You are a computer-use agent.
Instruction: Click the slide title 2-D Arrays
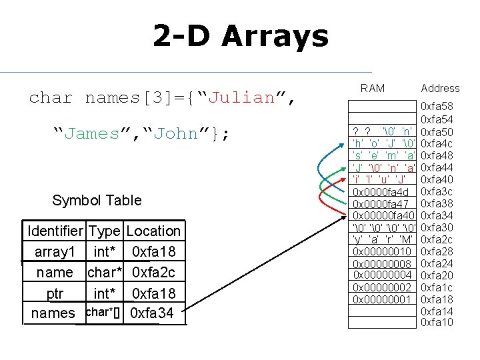coord(241,35)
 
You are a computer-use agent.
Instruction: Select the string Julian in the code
coord(242,97)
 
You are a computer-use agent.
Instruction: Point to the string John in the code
coord(175,133)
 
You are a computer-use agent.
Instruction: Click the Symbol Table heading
coord(97,200)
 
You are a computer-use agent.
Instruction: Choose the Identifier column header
coord(55,231)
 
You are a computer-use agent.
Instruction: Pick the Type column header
coord(105,231)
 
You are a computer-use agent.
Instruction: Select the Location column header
coord(153,231)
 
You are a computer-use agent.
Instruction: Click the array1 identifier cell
coord(55,251)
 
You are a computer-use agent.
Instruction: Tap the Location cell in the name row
coord(153,272)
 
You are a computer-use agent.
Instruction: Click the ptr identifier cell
coord(55,293)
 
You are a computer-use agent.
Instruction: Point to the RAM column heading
coord(372,88)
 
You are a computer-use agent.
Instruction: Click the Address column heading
coord(440,88)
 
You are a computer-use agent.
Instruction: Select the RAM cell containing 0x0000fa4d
coord(383,192)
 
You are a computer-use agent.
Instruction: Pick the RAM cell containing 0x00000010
coord(383,251)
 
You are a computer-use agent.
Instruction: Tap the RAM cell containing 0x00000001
coord(383,299)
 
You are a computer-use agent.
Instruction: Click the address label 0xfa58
coord(437,107)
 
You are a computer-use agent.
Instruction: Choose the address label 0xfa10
coord(437,323)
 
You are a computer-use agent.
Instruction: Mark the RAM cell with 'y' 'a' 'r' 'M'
coord(383,239)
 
